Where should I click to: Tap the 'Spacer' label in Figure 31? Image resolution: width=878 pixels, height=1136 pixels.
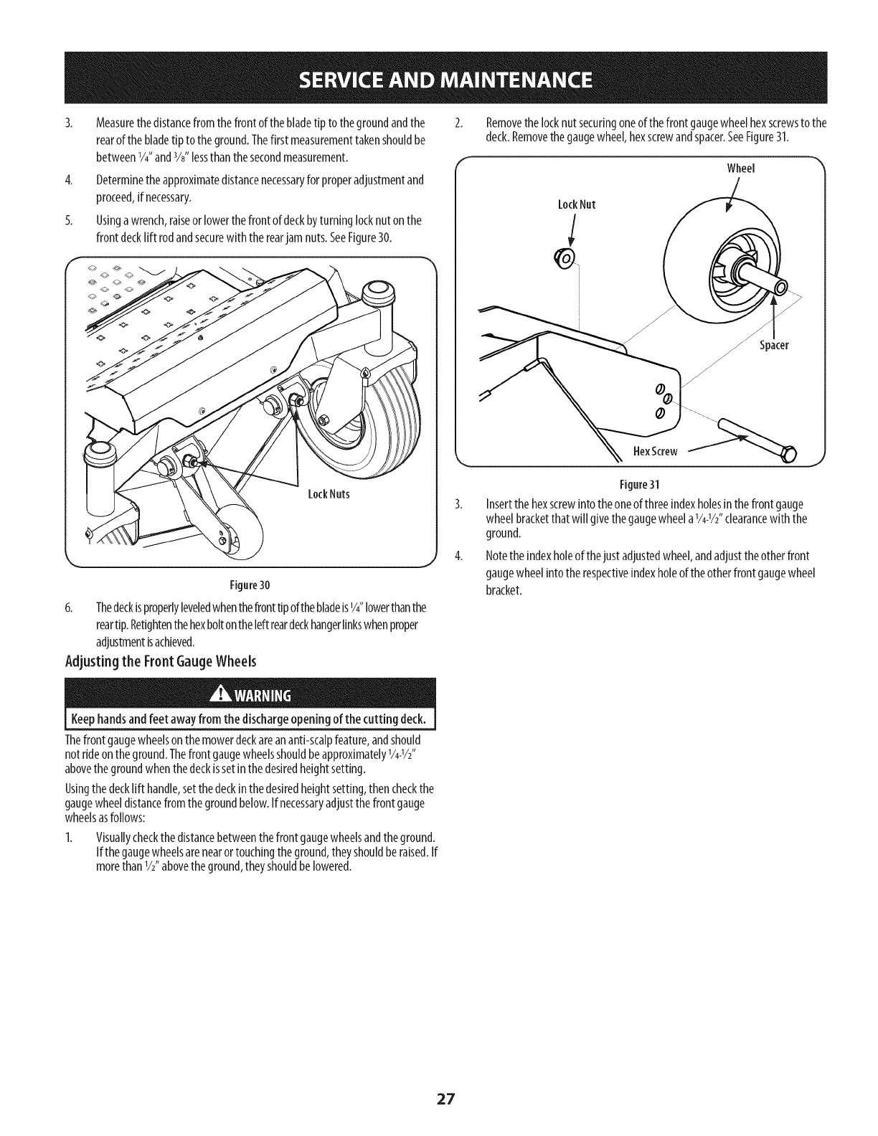point(774,345)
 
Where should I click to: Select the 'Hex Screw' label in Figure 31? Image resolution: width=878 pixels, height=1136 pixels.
point(655,450)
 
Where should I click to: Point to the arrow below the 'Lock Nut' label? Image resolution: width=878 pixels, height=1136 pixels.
point(572,232)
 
